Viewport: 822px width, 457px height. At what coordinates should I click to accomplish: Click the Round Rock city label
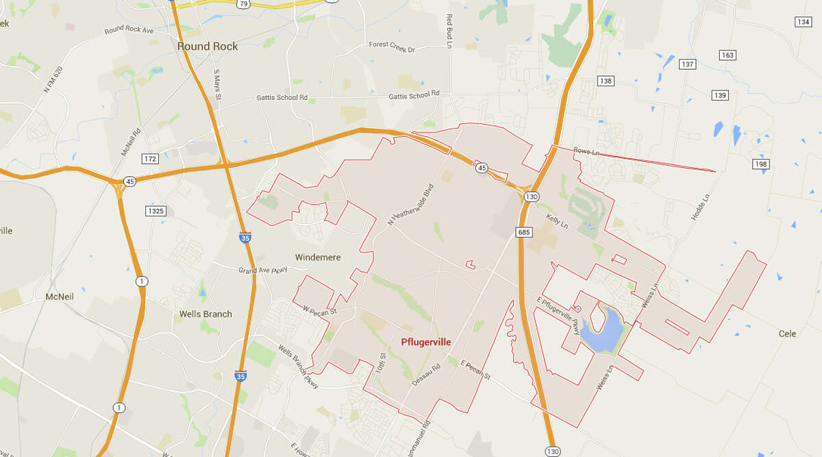208,47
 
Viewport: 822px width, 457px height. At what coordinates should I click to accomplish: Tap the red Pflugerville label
425,341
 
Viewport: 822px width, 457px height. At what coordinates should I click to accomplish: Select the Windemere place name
317,258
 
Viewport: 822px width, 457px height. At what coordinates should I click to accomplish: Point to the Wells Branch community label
206,314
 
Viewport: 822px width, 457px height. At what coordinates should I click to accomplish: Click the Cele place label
787,334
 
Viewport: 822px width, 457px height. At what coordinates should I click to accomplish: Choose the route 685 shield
525,232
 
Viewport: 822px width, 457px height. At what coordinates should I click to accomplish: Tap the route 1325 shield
155,211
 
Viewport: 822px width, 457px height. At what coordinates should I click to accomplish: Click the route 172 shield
150,159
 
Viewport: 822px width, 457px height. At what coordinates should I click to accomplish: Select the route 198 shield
761,164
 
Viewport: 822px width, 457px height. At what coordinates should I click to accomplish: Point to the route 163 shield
727,55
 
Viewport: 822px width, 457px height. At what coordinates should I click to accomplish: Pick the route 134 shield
803,22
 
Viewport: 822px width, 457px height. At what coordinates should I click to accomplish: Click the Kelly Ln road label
558,221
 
